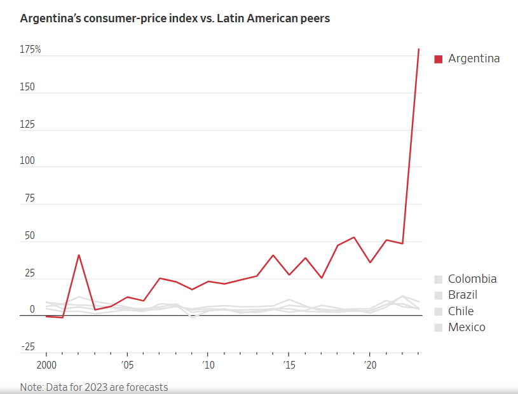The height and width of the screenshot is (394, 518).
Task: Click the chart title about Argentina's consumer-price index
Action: click(175, 18)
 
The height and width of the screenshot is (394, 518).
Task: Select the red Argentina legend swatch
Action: click(438, 59)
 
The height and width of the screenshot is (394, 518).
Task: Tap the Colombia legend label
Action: click(472, 279)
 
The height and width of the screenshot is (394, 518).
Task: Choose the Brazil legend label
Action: click(462, 295)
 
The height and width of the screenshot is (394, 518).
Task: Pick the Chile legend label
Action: click(460, 311)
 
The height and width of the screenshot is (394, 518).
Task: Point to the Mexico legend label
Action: click(467, 327)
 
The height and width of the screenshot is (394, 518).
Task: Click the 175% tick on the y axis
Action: click(30, 49)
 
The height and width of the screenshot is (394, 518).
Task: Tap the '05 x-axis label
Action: click(127, 366)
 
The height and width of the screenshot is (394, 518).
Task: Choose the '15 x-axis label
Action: click(289, 366)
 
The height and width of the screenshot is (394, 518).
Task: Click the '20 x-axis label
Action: click(370, 366)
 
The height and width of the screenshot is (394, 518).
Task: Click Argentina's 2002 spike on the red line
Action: click(78, 255)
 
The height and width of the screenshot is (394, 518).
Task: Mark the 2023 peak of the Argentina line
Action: click(419, 48)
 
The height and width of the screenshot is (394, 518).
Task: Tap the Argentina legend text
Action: click(474, 58)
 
